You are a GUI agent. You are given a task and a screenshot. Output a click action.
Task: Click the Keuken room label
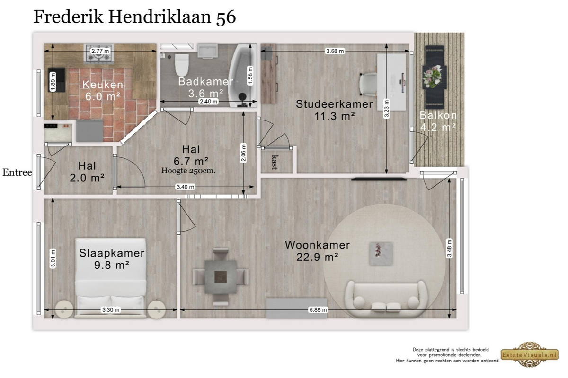103,85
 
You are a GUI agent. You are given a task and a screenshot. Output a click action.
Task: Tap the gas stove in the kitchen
99,53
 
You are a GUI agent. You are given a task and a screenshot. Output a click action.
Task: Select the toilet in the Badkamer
182,65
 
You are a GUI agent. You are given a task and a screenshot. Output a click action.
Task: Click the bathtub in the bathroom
242,76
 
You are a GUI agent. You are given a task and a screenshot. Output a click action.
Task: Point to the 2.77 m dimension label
100,51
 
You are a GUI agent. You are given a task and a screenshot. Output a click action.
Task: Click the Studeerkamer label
334,104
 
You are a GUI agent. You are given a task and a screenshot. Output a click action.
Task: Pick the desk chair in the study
368,84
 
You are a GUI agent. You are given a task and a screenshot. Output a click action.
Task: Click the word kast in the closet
275,162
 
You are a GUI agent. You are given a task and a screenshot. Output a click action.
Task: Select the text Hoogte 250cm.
188,171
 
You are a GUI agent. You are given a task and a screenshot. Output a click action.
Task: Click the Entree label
17,172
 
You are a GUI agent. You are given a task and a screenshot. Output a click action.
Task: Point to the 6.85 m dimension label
318,309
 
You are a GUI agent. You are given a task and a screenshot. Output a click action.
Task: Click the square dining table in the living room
221,277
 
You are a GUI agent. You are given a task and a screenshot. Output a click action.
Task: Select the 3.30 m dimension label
111,309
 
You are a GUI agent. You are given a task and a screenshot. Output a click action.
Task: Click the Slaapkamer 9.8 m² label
112,259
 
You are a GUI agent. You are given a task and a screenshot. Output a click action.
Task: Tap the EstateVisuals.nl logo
530,355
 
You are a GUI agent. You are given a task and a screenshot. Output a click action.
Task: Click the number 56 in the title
226,17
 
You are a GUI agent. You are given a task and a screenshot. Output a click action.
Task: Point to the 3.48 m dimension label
449,249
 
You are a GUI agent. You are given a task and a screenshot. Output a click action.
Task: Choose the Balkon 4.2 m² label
438,121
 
